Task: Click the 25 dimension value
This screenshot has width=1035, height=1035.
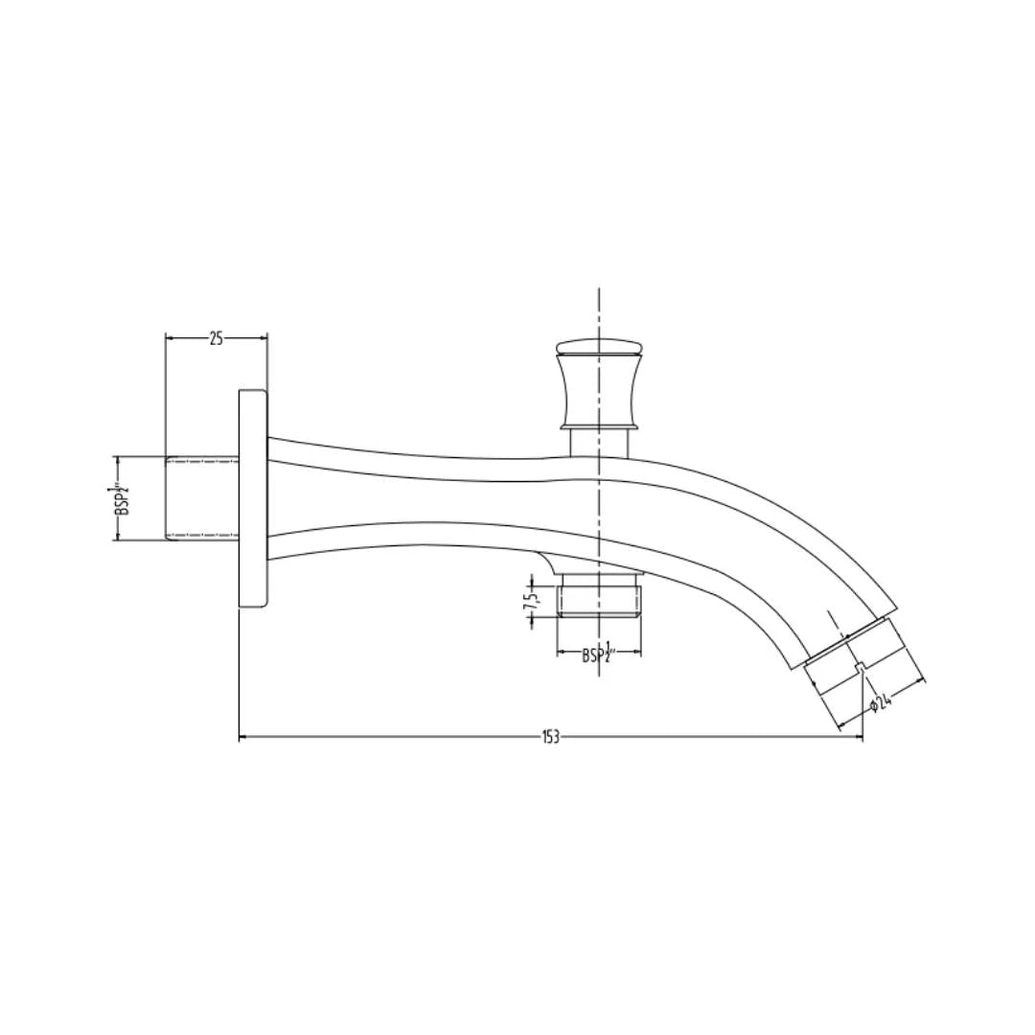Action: pyautogui.click(x=216, y=337)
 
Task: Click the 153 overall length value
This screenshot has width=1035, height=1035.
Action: pyautogui.click(x=550, y=737)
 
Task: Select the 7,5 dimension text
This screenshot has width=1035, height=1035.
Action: pyautogui.click(x=530, y=601)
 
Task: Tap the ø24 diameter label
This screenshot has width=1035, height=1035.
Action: pyautogui.click(x=881, y=704)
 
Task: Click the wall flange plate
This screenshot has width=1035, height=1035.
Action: pyautogui.click(x=253, y=498)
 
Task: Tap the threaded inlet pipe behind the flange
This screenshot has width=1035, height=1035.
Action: pyautogui.click(x=201, y=498)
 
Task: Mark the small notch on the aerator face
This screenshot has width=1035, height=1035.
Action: pyautogui.click(x=861, y=667)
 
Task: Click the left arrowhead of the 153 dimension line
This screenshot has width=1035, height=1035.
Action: pyautogui.click(x=242, y=737)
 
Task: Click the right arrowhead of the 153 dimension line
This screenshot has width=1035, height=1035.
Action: pyautogui.click(x=859, y=737)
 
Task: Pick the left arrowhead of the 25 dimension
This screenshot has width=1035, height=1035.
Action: pyautogui.click(x=171, y=337)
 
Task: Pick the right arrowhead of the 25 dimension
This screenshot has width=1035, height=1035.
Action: pyautogui.click(x=264, y=337)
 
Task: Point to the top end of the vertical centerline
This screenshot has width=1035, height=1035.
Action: pyautogui.click(x=599, y=290)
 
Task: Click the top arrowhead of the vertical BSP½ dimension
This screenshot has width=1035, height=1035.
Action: pyautogui.click(x=118, y=460)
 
